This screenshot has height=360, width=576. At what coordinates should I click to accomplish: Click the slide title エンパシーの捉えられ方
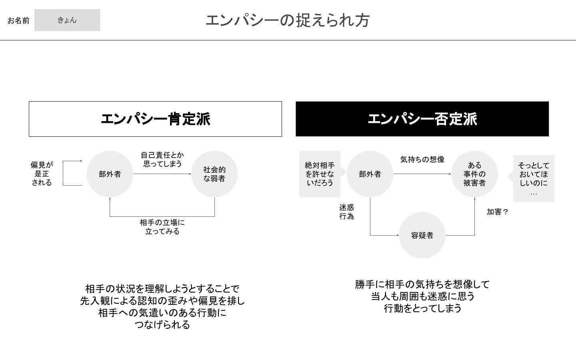pyautogui.click(x=288, y=20)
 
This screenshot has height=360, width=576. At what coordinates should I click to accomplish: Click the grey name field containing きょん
pyautogui.click(x=67, y=20)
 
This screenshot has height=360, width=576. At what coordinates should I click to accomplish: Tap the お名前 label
pyautogui.click(x=18, y=20)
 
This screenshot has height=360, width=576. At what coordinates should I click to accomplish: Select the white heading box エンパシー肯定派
pyautogui.click(x=155, y=119)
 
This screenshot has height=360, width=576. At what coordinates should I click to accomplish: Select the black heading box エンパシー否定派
pyautogui.click(x=422, y=119)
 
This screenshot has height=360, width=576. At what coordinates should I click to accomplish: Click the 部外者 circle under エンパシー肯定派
pyautogui.click(x=110, y=174)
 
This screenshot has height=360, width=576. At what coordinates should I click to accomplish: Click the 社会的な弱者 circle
pyautogui.click(x=214, y=174)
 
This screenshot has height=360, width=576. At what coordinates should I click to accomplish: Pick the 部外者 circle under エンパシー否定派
pyautogui.click(x=370, y=174)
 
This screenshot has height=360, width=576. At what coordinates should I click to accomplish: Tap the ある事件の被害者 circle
pyautogui.click(x=474, y=174)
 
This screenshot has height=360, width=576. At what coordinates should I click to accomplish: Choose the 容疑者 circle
pyautogui.click(x=422, y=235)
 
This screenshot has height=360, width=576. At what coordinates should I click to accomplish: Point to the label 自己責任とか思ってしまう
pyautogui.click(x=162, y=160)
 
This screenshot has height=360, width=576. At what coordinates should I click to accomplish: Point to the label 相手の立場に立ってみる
pyautogui.click(x=162, y=227)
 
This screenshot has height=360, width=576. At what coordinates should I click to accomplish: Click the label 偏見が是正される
pyautogui.click(x=42, y=174)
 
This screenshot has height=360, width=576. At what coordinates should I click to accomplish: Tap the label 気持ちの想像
pyautogui.click(x=422, y=160)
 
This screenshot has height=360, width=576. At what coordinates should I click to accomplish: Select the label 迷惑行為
pyautogui.click(x=346, y=212)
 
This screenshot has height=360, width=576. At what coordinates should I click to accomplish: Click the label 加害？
pyautogui.click(x=498, y=212)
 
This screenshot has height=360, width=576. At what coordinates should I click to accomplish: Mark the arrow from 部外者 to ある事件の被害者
pyautogui.click(x=422, y=174)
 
